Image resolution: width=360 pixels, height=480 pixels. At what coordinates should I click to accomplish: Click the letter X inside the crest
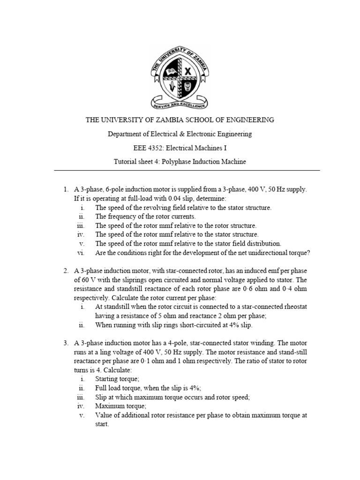[187, 72]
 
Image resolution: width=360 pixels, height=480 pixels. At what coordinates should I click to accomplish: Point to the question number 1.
[66, 189]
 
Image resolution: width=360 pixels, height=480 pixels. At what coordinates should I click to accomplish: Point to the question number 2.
[66, 271]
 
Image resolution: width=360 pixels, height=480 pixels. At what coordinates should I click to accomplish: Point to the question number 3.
[66, 343]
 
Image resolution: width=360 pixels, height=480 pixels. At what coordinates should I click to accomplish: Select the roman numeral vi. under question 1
[80, 253]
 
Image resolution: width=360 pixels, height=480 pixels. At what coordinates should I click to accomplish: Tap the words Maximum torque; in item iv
[121, 406]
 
